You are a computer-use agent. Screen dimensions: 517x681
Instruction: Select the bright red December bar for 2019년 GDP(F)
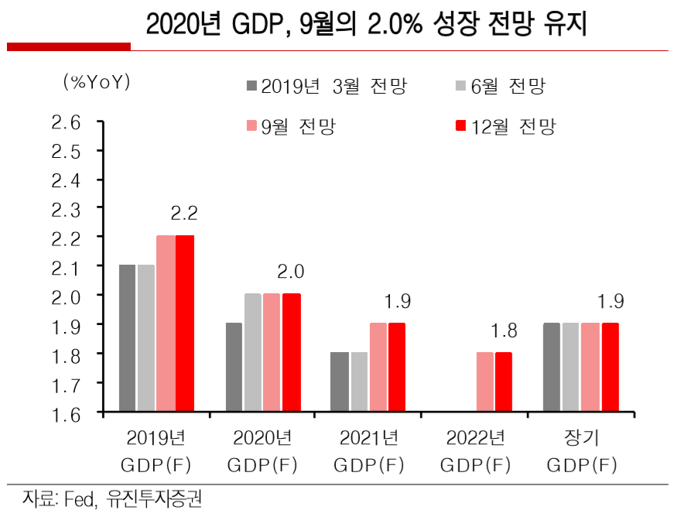pyautogui.click(x=185, y=324)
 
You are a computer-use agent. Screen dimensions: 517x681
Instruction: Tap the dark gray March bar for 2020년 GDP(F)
pyautogui.click(x=233, y=368)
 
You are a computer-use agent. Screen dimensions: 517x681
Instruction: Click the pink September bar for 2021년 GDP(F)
pyautogui.click(x=378, y=368)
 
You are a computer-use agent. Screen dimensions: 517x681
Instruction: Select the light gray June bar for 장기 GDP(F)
pyautogui.click(x=570, y=368)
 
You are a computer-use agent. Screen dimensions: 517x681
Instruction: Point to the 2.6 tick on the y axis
pyautogui.click(x=66, y=122)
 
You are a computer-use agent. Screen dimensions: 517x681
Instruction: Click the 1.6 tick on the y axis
pyautogui.click(x=66, y=413)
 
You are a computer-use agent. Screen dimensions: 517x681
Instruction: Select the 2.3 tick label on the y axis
pyautogui.click(x=66, y=209)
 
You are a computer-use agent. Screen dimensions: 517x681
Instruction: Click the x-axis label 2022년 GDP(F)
pyautogui.click(x=475, y=451)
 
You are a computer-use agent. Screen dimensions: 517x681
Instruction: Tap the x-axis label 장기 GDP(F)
pyautogui.click(x=581, y=451)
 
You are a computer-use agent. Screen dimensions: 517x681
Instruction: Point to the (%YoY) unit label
pyautogui.click(x=97, y=82)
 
